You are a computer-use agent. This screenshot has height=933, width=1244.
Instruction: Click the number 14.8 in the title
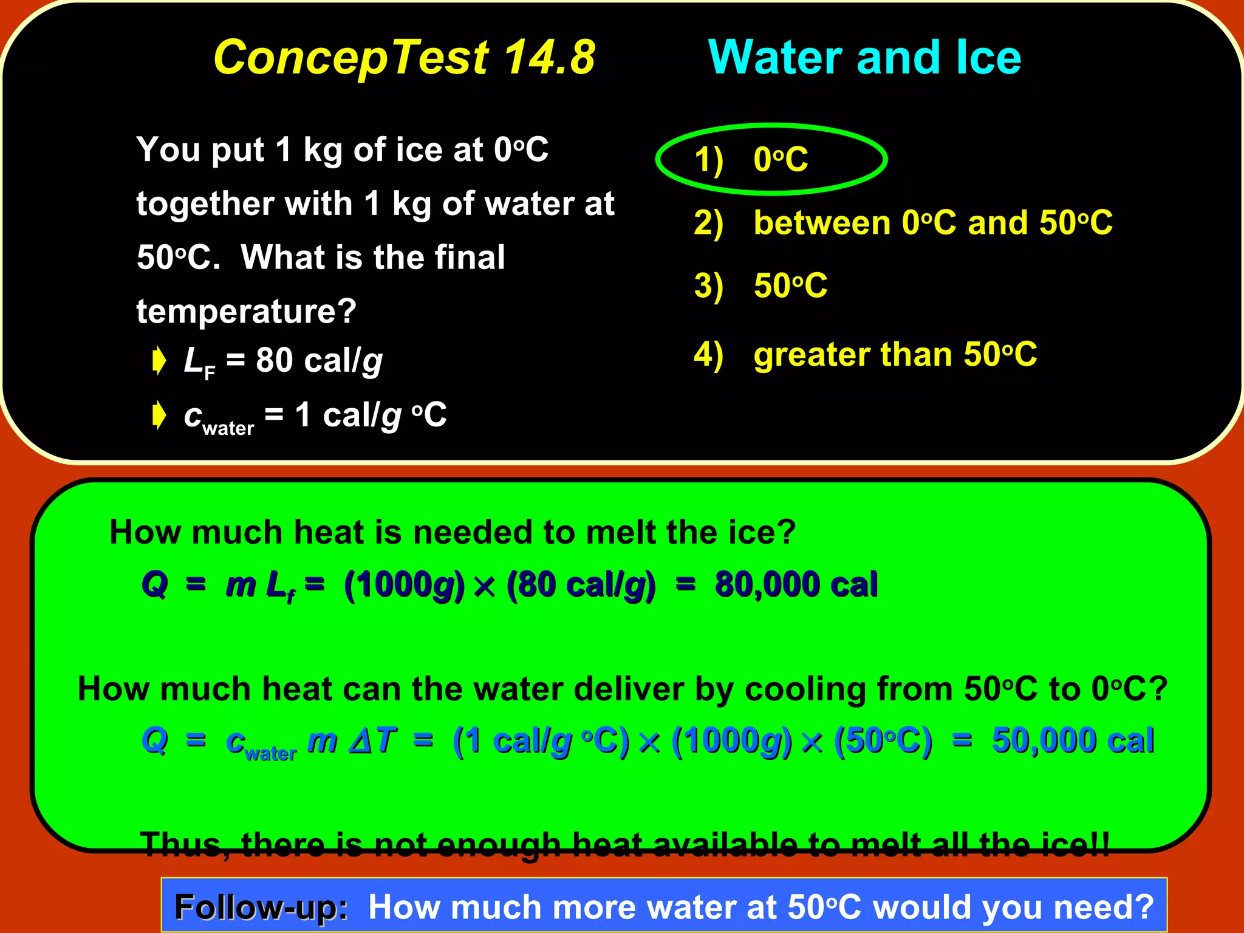tap(549, 58)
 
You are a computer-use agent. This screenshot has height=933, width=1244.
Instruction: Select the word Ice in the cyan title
tap(988, 58)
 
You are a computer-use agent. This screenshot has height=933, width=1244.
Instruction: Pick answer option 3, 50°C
tap(790, 285)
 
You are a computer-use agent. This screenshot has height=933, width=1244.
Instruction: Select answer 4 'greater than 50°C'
tap(895, 354)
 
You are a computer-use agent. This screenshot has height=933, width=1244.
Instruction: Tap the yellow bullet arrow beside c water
tap(159, 415)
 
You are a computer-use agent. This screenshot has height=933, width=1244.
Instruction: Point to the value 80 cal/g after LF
tap(319, 360)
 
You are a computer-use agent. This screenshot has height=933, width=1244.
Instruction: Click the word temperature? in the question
tap(246, 311)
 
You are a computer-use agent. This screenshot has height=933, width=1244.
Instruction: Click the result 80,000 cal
tap(796, 584)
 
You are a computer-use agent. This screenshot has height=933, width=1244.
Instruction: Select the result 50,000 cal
tap(1072, 740)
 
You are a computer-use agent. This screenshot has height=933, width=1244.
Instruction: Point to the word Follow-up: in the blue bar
tap(261, 907)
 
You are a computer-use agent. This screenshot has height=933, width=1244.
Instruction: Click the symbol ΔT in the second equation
tap(372, 740)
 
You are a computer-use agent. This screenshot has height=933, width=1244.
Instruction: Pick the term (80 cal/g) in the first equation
tap(581, 585)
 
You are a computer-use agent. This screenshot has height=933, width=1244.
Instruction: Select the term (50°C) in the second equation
tap(882, 741)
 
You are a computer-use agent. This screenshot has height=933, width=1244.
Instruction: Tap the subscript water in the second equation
tap(270, 754)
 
